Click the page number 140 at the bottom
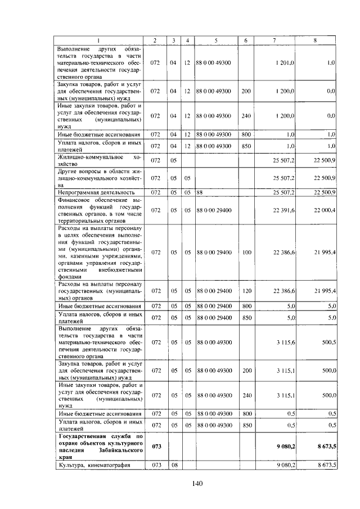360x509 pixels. click(x=196, y=483)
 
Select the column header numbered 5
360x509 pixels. click(x=216, y=40)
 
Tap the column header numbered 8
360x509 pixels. click(x=316, y=40)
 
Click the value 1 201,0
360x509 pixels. click(x=286, y=62)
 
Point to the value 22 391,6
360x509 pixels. click(x=284, y=210)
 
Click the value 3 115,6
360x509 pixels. click(x=286, y=341)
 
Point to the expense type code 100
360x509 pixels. click(x=246, y=253)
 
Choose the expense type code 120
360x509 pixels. click(x=246, y=291)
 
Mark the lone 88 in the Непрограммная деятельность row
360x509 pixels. click(x=199, y=192)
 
